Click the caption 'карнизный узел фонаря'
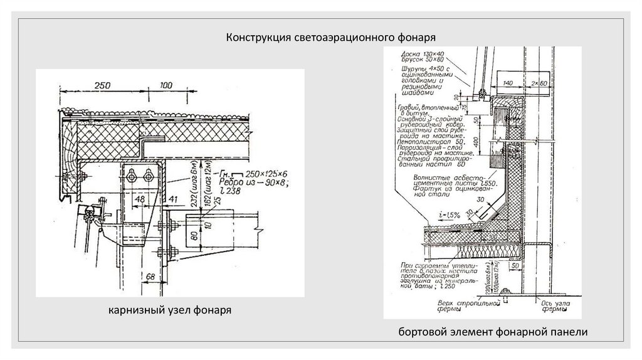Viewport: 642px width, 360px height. coord(166,310)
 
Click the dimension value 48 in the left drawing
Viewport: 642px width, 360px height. coord(140,198)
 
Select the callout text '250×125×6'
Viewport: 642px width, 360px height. coord(262,174)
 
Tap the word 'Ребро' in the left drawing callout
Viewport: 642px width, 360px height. coord(233,184)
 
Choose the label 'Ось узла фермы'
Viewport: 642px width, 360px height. coord(552,305)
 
